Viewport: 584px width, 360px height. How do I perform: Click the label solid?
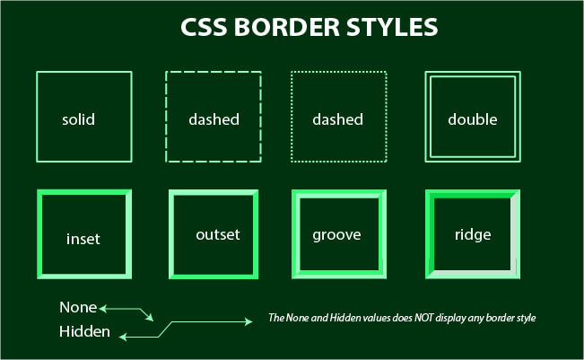[79, 119]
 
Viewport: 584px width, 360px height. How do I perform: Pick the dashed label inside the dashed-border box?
[214, 119]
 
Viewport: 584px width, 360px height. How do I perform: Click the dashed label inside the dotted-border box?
[337, 119]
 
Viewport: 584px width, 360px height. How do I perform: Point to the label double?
[473, 119]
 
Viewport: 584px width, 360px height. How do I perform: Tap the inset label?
[83, 240]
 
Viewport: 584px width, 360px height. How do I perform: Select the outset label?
[218, 234]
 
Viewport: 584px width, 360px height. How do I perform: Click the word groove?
[336, 235]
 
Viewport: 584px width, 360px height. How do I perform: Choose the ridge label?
[473, 235]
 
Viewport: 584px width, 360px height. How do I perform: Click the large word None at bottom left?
[78, 307]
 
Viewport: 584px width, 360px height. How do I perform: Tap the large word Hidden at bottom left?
[85, 332]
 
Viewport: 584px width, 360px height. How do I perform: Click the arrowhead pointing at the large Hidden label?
[124, 337]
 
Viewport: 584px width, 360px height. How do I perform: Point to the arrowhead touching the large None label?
[103, 308]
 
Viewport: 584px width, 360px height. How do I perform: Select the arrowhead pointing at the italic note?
[251, 320]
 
